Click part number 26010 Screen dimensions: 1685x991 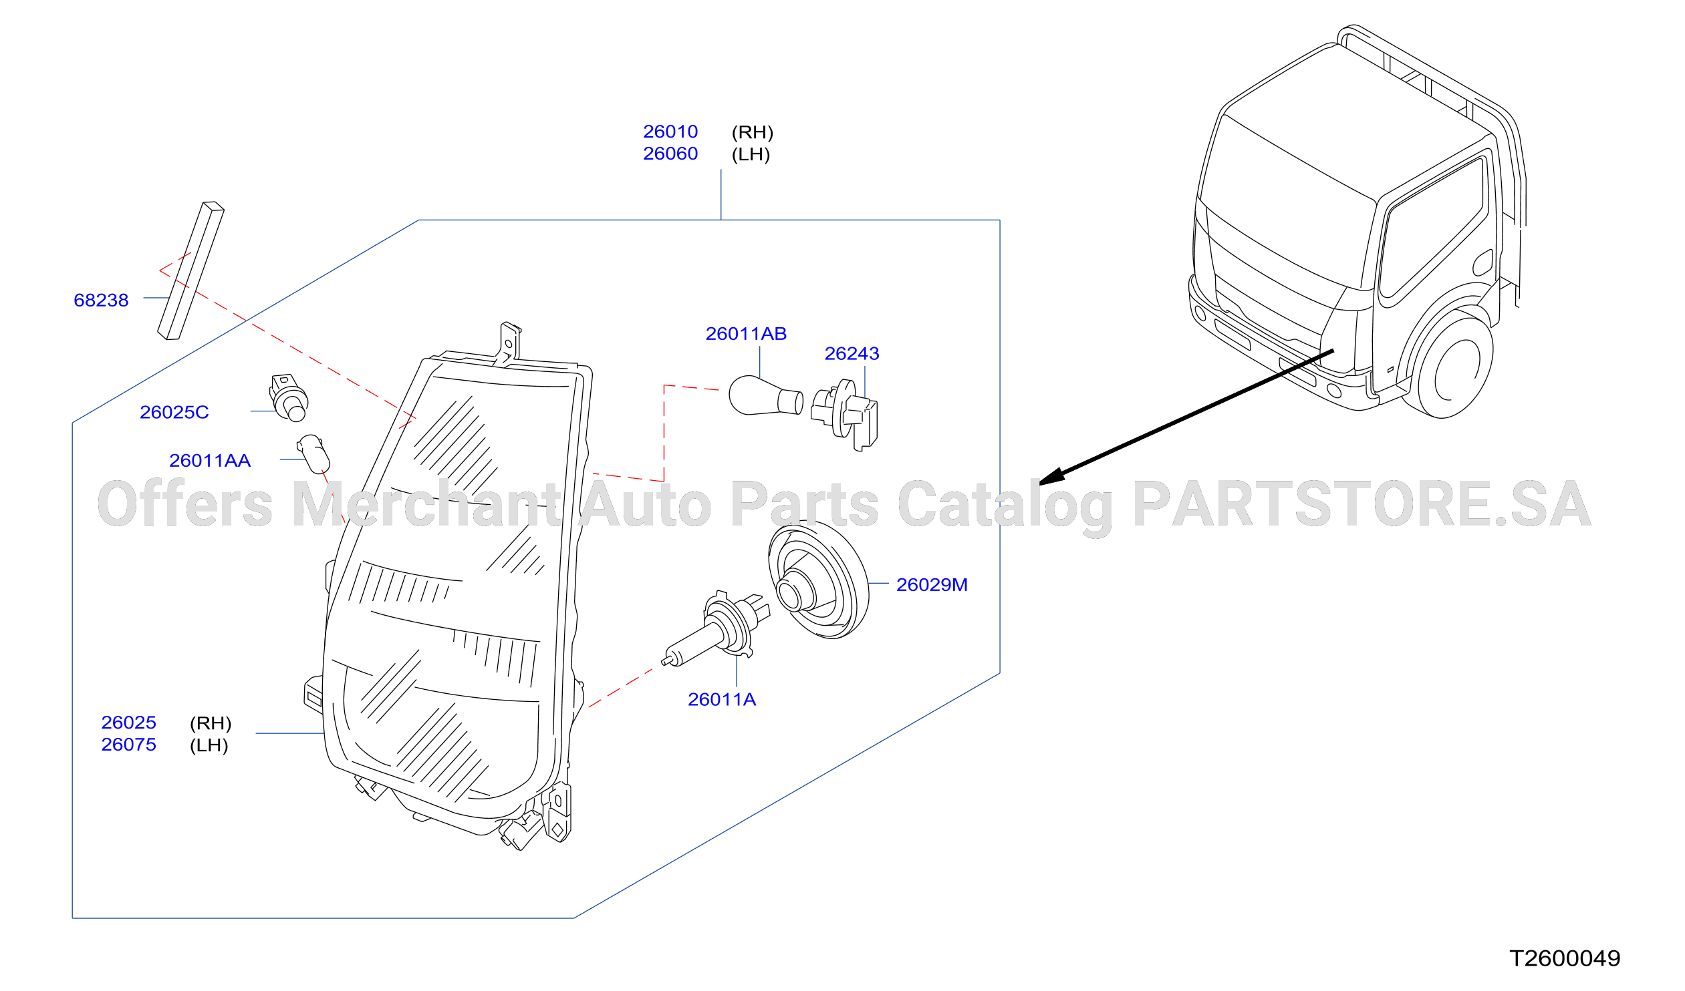[x=670, y=132]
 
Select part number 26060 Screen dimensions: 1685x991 [x=670, y=154]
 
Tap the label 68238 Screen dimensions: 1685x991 [x=101, y=300]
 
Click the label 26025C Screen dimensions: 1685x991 [x=174, y=412]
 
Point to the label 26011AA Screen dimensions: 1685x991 [x=210, y=460]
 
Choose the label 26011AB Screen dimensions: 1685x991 [x=746, y=333]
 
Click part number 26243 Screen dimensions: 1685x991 [x=852, y=353]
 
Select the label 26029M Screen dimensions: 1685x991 [x=932, y=585]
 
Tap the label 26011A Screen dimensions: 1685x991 [x=722, y=700]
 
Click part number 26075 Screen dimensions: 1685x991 [x=128, y=745]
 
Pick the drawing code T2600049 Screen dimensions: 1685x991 [x=1565, y=959]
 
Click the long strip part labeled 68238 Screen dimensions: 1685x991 [x=190, y=271]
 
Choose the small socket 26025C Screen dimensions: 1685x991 [x=289, y=398]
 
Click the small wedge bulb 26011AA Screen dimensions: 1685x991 [x=313, y=454]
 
